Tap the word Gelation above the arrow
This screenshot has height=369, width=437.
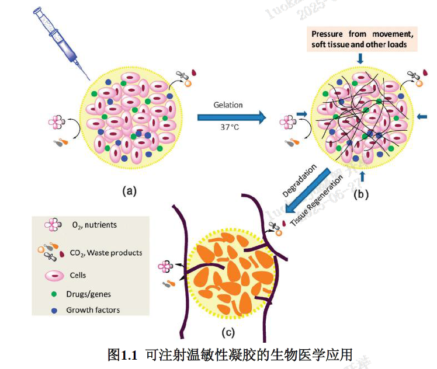coord(228,105)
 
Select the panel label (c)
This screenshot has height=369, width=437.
coord(228,333)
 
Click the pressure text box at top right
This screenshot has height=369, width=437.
coord(363,39)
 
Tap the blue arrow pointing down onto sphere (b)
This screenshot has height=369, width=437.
coord(360,58)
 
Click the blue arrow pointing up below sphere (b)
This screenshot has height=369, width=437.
coord(362,176)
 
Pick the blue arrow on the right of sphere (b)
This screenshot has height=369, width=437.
coord(422,117)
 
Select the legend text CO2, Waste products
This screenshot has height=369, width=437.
coord(105,253)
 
